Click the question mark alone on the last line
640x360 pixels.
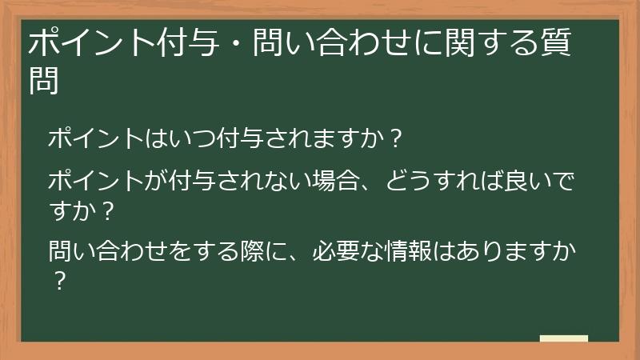pos(58,283)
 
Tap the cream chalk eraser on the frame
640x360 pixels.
pos(563,338)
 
